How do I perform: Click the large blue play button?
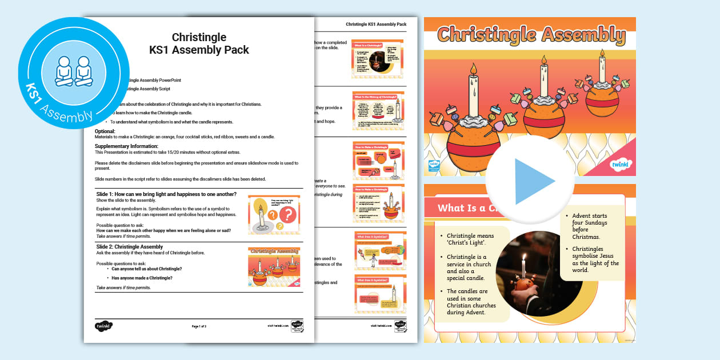530,181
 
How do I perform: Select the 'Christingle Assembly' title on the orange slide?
531,35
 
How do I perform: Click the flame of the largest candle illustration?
473,69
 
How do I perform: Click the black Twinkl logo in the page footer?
103,326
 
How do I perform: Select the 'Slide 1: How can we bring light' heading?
166,194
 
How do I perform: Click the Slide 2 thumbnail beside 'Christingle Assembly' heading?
274,267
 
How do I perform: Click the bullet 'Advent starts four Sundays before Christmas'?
590,226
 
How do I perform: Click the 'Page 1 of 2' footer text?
199,326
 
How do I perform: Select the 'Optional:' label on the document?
105,131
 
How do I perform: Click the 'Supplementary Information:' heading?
126,146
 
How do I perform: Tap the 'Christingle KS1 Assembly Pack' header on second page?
376,24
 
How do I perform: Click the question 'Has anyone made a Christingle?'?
142,278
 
